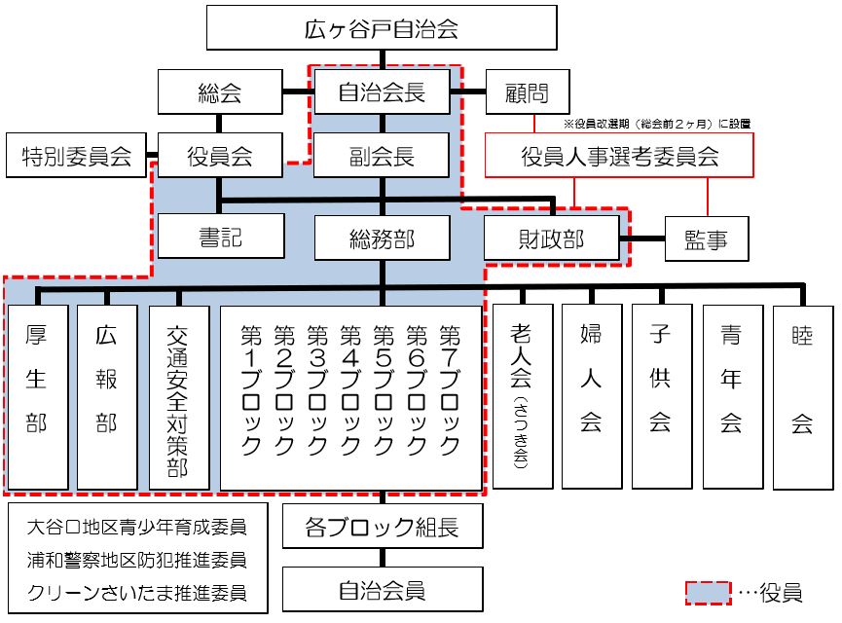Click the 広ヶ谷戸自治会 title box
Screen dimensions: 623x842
(x=382, y=28)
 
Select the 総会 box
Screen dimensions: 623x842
(x=220, y=93)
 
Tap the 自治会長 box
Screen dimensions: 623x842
(x=382, y=93)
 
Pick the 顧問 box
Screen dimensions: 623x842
(x=527, y=93)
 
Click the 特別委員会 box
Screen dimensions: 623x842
(x=76, y=156)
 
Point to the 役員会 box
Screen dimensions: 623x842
(x=220, y=156)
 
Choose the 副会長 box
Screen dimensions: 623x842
(x=382, y=156)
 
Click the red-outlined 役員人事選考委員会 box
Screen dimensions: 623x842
(x=620, y=156)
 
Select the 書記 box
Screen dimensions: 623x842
(x=220, y=237)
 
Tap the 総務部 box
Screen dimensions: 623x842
(x=382, y=237)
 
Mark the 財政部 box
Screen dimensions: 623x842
(x=552, y=237)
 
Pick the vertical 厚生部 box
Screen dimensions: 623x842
(x=36, y=395)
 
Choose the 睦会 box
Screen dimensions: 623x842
(x=803, y=395)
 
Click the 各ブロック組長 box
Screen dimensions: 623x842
(x=382, y=529)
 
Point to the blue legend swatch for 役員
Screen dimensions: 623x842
(x=708, y=591)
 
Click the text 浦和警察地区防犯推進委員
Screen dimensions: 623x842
(x=137, y=561)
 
